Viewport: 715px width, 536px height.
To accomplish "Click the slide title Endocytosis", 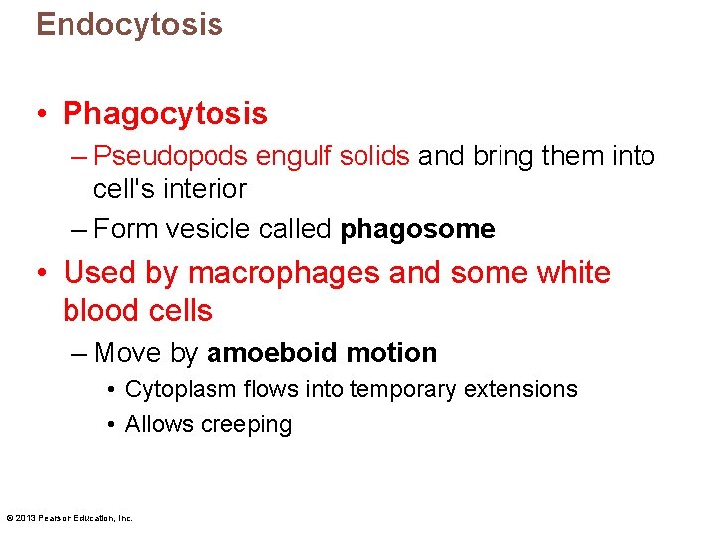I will (x=129, y=24).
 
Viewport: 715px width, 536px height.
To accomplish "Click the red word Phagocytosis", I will (x=165, y=114).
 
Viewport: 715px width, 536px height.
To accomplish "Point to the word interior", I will (x=203, y=188).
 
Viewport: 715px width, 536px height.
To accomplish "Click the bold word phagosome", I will (x=417, y=230).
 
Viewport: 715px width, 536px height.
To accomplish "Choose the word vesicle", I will (x=205, y=230).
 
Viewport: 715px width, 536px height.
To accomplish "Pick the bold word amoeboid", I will (x=267, y=353).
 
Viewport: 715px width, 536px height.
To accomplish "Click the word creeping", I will (x=246, y=425).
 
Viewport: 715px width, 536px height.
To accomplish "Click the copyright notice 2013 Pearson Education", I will (x=70, y=517).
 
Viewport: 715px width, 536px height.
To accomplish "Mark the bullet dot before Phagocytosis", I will (x=43, y=115).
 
